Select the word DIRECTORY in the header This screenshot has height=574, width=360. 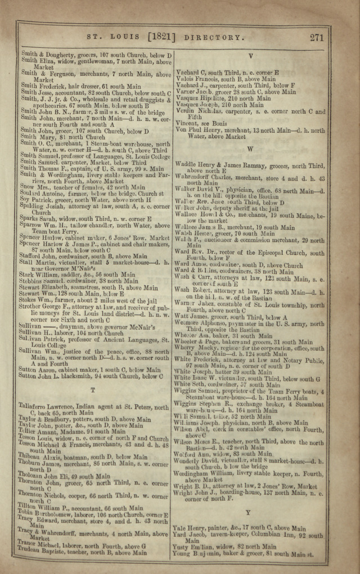(214, 38)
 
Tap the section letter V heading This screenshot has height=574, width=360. (250, 56)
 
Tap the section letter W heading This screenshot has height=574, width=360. (250, 150)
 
